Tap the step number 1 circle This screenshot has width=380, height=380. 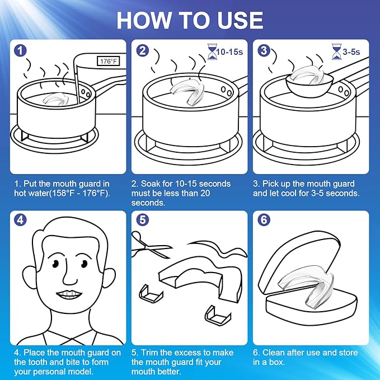[x=21, y=51]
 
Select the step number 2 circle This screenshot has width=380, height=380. [x=143, y=51]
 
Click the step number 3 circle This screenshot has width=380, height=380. [x=264, y=51]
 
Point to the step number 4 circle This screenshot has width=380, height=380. [x=21, y=220]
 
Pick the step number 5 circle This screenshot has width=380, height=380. [x=143, y=220]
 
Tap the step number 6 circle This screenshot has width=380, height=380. [x=264, y=220]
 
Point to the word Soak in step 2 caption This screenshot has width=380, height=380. [x=154, y=184]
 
